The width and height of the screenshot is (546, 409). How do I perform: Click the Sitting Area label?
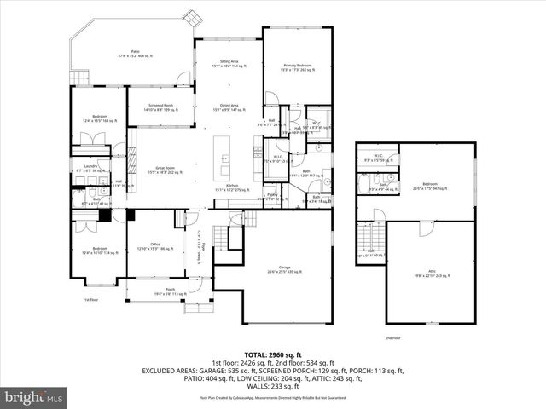tap(228, 63)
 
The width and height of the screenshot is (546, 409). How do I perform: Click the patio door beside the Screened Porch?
tap(180, 79)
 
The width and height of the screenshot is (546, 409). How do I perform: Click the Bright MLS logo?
tap(34, 396)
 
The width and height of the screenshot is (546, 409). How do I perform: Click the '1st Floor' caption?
tap(90, 300)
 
